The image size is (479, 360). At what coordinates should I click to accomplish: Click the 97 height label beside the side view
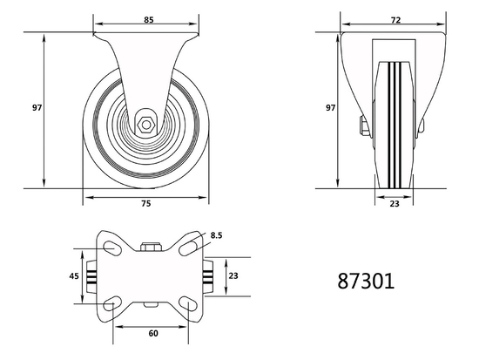tap(330, 108)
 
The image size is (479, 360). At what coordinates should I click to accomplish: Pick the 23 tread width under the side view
tap(395, 203)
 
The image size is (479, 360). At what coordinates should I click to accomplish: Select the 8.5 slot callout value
tap(217, 234)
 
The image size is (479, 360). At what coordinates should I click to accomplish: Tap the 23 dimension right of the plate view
tap(232, 275)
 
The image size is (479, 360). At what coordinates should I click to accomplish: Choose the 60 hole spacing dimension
tap(153, 332)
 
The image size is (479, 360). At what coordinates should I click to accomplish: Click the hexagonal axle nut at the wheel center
tap(145, 125)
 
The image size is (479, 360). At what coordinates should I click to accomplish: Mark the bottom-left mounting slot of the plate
tap(113, 304)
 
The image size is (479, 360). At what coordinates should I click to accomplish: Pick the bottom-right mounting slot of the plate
tap(189, 304)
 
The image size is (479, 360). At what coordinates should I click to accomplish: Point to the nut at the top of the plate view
tap(151, 246)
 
